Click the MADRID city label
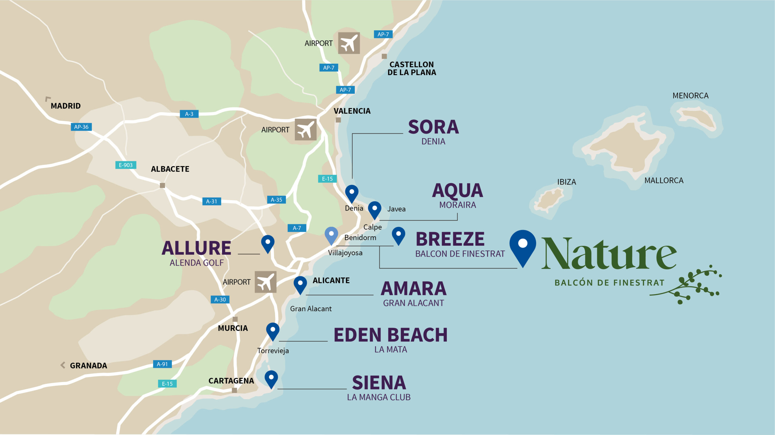pyautogui.click(x=65, y=106)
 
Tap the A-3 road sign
pyautogui.click(x=189, y=114)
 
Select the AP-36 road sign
pyautogui.click(x=81, y=127)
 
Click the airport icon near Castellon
pyautogui.click(x=349, y=43)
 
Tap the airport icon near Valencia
pyautogui.click(x=305, y=130)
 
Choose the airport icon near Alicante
pyautogui.click(x=265, y=282)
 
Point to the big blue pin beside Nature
pyautogui.click(x=523, y=247)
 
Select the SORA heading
pyautogui.click(x=433, y=127)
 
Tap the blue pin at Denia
pyautogui.click(x=351, y=193)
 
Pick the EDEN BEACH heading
pyautogui.click(x=391, y=335)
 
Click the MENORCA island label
pyautogui.click(x=690, y=96)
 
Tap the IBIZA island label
pyautogui.click(x=566, y=182)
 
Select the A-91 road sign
pyautogui.click(x=162, y=364)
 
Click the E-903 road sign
pyautogui.click(x=126, y=165)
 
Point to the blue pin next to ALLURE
pyautogui.click(x=268, y=243)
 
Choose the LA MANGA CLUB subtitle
pyautogui.click(x=378, y=397)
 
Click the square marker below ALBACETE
pyautogui.click(x=162, y=185)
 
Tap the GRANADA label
pyautogui.click(x=88, y=366)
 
